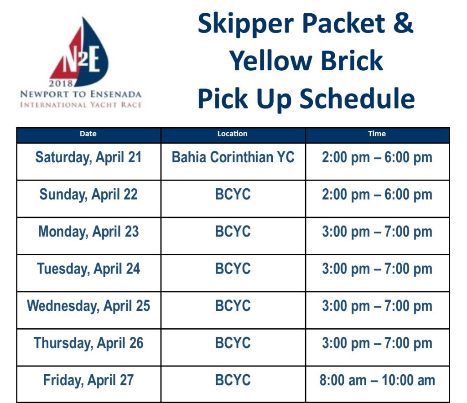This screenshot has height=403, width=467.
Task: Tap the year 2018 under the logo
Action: pos(61,83)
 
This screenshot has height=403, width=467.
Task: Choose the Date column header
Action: pos(88,134)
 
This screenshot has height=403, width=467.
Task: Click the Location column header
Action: pos(232,134)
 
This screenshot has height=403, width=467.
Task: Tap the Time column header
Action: pos(377,134)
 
